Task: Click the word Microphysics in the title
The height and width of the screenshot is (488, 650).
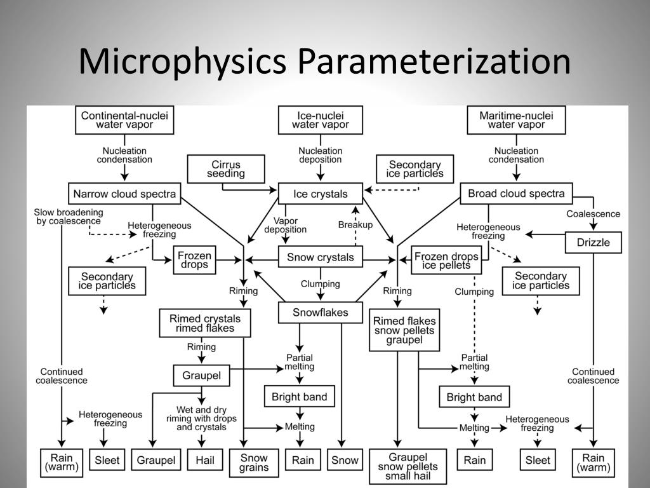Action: pos(185,62)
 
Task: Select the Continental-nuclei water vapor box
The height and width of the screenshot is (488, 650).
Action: pos(124,120)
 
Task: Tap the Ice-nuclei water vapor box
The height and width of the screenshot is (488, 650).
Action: pos(321,120)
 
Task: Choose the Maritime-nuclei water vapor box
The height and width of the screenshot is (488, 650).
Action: pos(516,120)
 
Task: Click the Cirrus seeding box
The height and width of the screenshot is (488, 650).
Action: pos(226,169)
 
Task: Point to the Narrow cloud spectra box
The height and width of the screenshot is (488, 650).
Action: pos(124,194)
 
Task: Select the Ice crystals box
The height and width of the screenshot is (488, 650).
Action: pos(321,194)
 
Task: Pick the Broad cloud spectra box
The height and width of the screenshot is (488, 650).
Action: pos(516,193)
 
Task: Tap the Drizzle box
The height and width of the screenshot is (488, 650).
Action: pos(593,242)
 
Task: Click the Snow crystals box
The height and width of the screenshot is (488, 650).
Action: pos(321,257)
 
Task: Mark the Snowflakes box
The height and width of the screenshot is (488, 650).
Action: pos(321,312)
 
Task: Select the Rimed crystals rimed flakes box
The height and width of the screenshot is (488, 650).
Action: pos(205,323)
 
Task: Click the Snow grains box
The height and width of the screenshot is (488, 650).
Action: pos(254,463)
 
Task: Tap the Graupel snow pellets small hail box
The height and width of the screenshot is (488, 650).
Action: pos(408,467)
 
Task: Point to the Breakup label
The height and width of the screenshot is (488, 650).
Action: pos(355,224)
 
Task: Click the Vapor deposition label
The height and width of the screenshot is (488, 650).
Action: pos(286,224)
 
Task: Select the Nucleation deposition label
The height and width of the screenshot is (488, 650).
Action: pos(321,155)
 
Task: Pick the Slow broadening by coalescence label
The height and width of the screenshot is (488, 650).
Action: pos(69,217)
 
